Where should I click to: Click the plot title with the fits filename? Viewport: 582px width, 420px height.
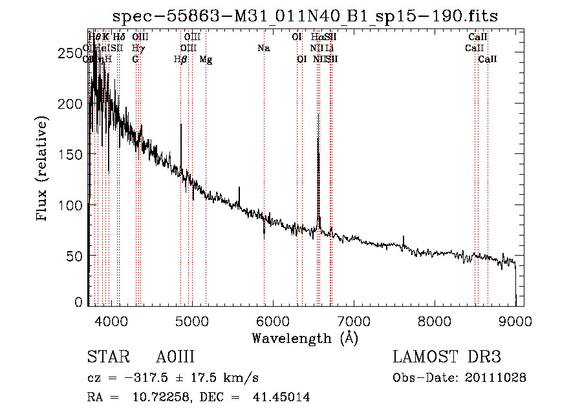click(305, 16)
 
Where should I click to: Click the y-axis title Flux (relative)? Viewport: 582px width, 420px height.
click(43, 169)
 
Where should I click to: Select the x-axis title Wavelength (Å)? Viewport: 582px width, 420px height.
click(305, 337)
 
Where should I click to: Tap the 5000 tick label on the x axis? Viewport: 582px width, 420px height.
click(192, 320)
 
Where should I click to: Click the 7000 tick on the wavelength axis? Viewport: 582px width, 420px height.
click(354, 320)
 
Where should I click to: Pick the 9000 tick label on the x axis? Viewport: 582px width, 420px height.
click(515, 320)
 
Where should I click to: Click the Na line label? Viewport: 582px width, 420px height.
click(263, 48)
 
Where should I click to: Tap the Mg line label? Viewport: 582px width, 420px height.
click(206, 60)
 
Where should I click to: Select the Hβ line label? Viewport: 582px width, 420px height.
click(180, 60)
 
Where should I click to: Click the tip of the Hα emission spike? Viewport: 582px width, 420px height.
click(318, 114)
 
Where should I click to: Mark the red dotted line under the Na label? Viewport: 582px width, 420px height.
click(264, 162)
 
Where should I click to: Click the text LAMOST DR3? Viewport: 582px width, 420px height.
click(447, 357)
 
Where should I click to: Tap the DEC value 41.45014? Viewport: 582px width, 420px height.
click(283, 397)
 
